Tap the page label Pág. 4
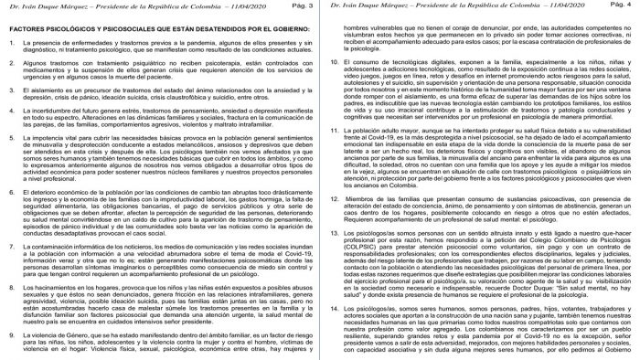(x=622, y=7)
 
